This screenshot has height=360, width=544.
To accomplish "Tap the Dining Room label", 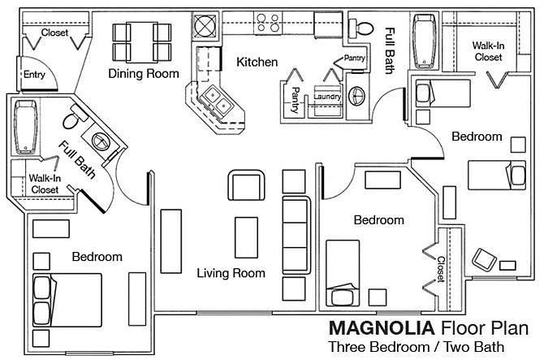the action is point(143,74).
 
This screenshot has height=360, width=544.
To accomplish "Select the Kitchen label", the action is point(257,62).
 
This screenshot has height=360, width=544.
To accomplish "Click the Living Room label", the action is point(231,273).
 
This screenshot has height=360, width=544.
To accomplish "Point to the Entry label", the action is point(34,76).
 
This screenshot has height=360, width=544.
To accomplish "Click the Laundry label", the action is point(326,98).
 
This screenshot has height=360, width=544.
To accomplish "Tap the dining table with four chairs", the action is point(142,41).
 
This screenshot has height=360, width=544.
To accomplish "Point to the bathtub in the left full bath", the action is point(26,127).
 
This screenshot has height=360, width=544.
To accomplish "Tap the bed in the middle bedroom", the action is point(355,270).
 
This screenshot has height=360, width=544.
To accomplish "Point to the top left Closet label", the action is point(54,33).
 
